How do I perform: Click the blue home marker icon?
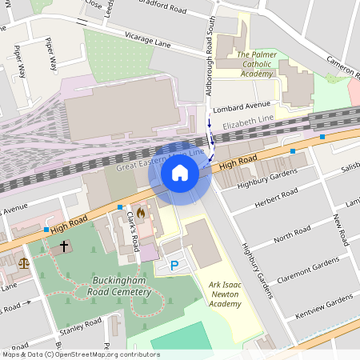coord(180,173)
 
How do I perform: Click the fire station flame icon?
coord(142,214)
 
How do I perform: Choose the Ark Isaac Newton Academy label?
coord(225,294)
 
